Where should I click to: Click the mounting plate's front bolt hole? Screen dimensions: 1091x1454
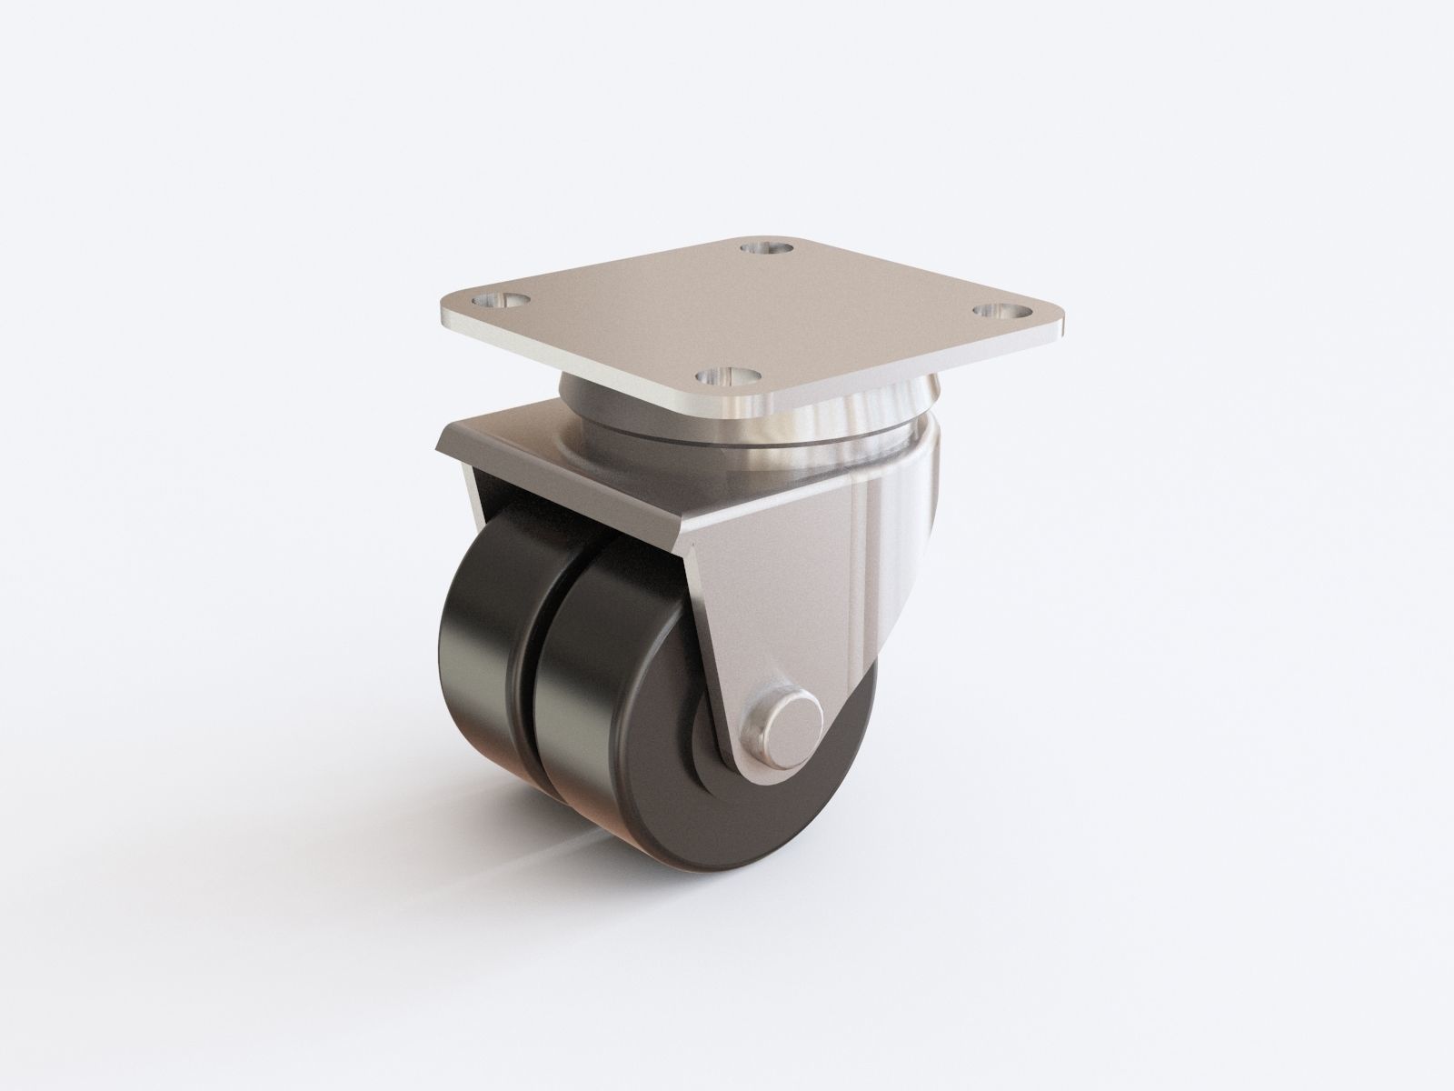(x=725, y=374)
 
